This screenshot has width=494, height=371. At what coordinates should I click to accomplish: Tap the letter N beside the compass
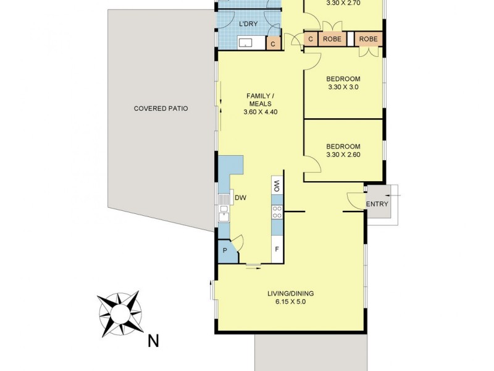coord(153,339)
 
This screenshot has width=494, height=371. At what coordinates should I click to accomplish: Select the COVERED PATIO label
coord(161,108)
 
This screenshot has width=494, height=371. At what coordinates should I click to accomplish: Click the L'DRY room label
coord(248,24)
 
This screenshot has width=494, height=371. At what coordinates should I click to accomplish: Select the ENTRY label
coord(377,205)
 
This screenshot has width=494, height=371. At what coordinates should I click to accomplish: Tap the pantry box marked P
coord(225,251)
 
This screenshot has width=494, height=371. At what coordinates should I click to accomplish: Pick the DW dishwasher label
coord(241,198)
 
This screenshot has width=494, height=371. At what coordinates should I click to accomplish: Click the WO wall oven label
coord(278,184)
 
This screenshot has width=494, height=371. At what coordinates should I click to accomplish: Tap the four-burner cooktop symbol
coord(278,212)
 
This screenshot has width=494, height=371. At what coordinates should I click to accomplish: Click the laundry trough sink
coord(246,43)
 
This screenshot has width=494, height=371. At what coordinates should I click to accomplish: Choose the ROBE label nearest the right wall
coord(369,39)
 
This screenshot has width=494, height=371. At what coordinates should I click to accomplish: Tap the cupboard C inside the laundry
coord(273,43)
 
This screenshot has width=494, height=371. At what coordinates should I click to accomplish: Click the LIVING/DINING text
coord(288,293)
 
